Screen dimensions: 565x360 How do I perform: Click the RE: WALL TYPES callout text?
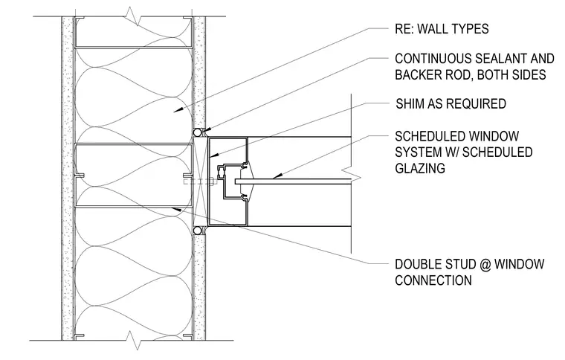click(x=442, y=29)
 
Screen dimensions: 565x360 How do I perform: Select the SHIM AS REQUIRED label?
click(x=451, y=104)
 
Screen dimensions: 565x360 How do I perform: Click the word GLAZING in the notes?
click(x=420, y=168)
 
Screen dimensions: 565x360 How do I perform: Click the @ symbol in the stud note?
click(x=485, y=264)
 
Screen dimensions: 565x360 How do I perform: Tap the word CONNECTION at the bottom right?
click(x=433, y=280)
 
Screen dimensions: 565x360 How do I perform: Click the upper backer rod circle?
click(x=198, y=132)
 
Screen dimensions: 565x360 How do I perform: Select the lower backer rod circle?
click(x=198, y=231)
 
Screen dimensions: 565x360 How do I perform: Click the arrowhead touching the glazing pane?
click(x=277, y=176)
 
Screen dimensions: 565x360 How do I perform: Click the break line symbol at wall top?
click(x=133, y=17)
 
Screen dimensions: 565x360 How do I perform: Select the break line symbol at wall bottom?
click(x=133, y=341)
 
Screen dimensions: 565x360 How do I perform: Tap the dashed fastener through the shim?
click(x=199, y=181)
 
